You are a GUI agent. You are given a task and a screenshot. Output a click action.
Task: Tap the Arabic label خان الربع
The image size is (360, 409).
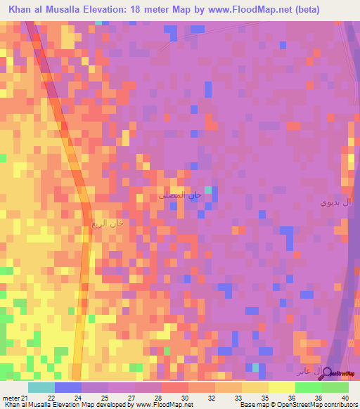pyautogui.click(x=107, y=223)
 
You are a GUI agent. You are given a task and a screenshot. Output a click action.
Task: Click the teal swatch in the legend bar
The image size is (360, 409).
pyautogui.click(x=41, y=387)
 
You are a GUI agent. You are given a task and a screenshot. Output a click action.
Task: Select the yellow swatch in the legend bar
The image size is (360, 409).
pyautogui.click(x=282, y=387)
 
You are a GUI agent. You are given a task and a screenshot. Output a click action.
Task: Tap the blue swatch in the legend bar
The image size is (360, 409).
pyautogui.click(x=68, y=387)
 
